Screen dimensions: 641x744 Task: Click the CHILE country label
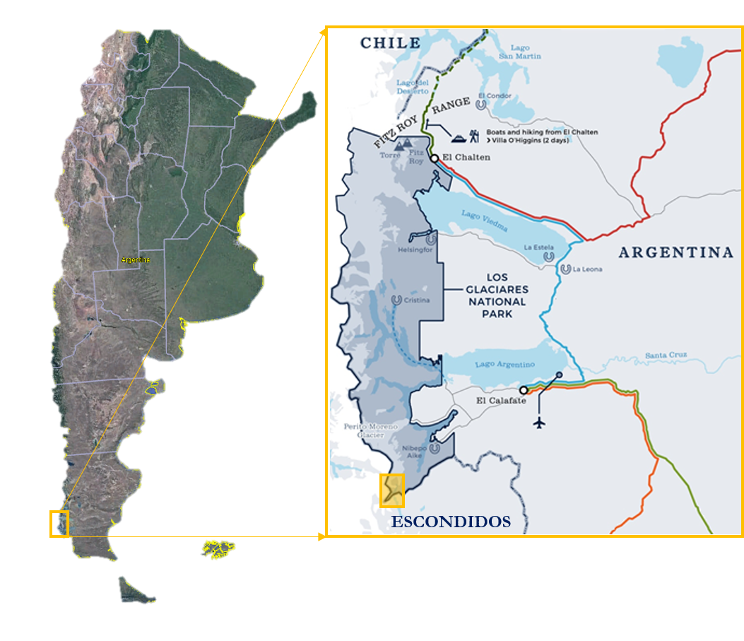390,43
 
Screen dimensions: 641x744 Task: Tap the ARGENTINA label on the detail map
676,252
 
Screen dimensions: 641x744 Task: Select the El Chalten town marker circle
435,158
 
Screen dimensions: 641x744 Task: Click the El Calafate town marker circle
524,389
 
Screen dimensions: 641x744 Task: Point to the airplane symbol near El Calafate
541,423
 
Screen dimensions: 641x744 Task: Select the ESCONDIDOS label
451,522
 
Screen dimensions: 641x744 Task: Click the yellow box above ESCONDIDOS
392,490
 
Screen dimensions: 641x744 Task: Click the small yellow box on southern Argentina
59,523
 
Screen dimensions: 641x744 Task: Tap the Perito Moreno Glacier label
371,430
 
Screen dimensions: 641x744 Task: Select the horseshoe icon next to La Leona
565,269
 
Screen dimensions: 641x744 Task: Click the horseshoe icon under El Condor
481,105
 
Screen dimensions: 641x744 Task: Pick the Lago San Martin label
519,52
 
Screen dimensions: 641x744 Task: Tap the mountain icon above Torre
405,146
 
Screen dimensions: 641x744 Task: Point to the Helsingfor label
414,249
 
